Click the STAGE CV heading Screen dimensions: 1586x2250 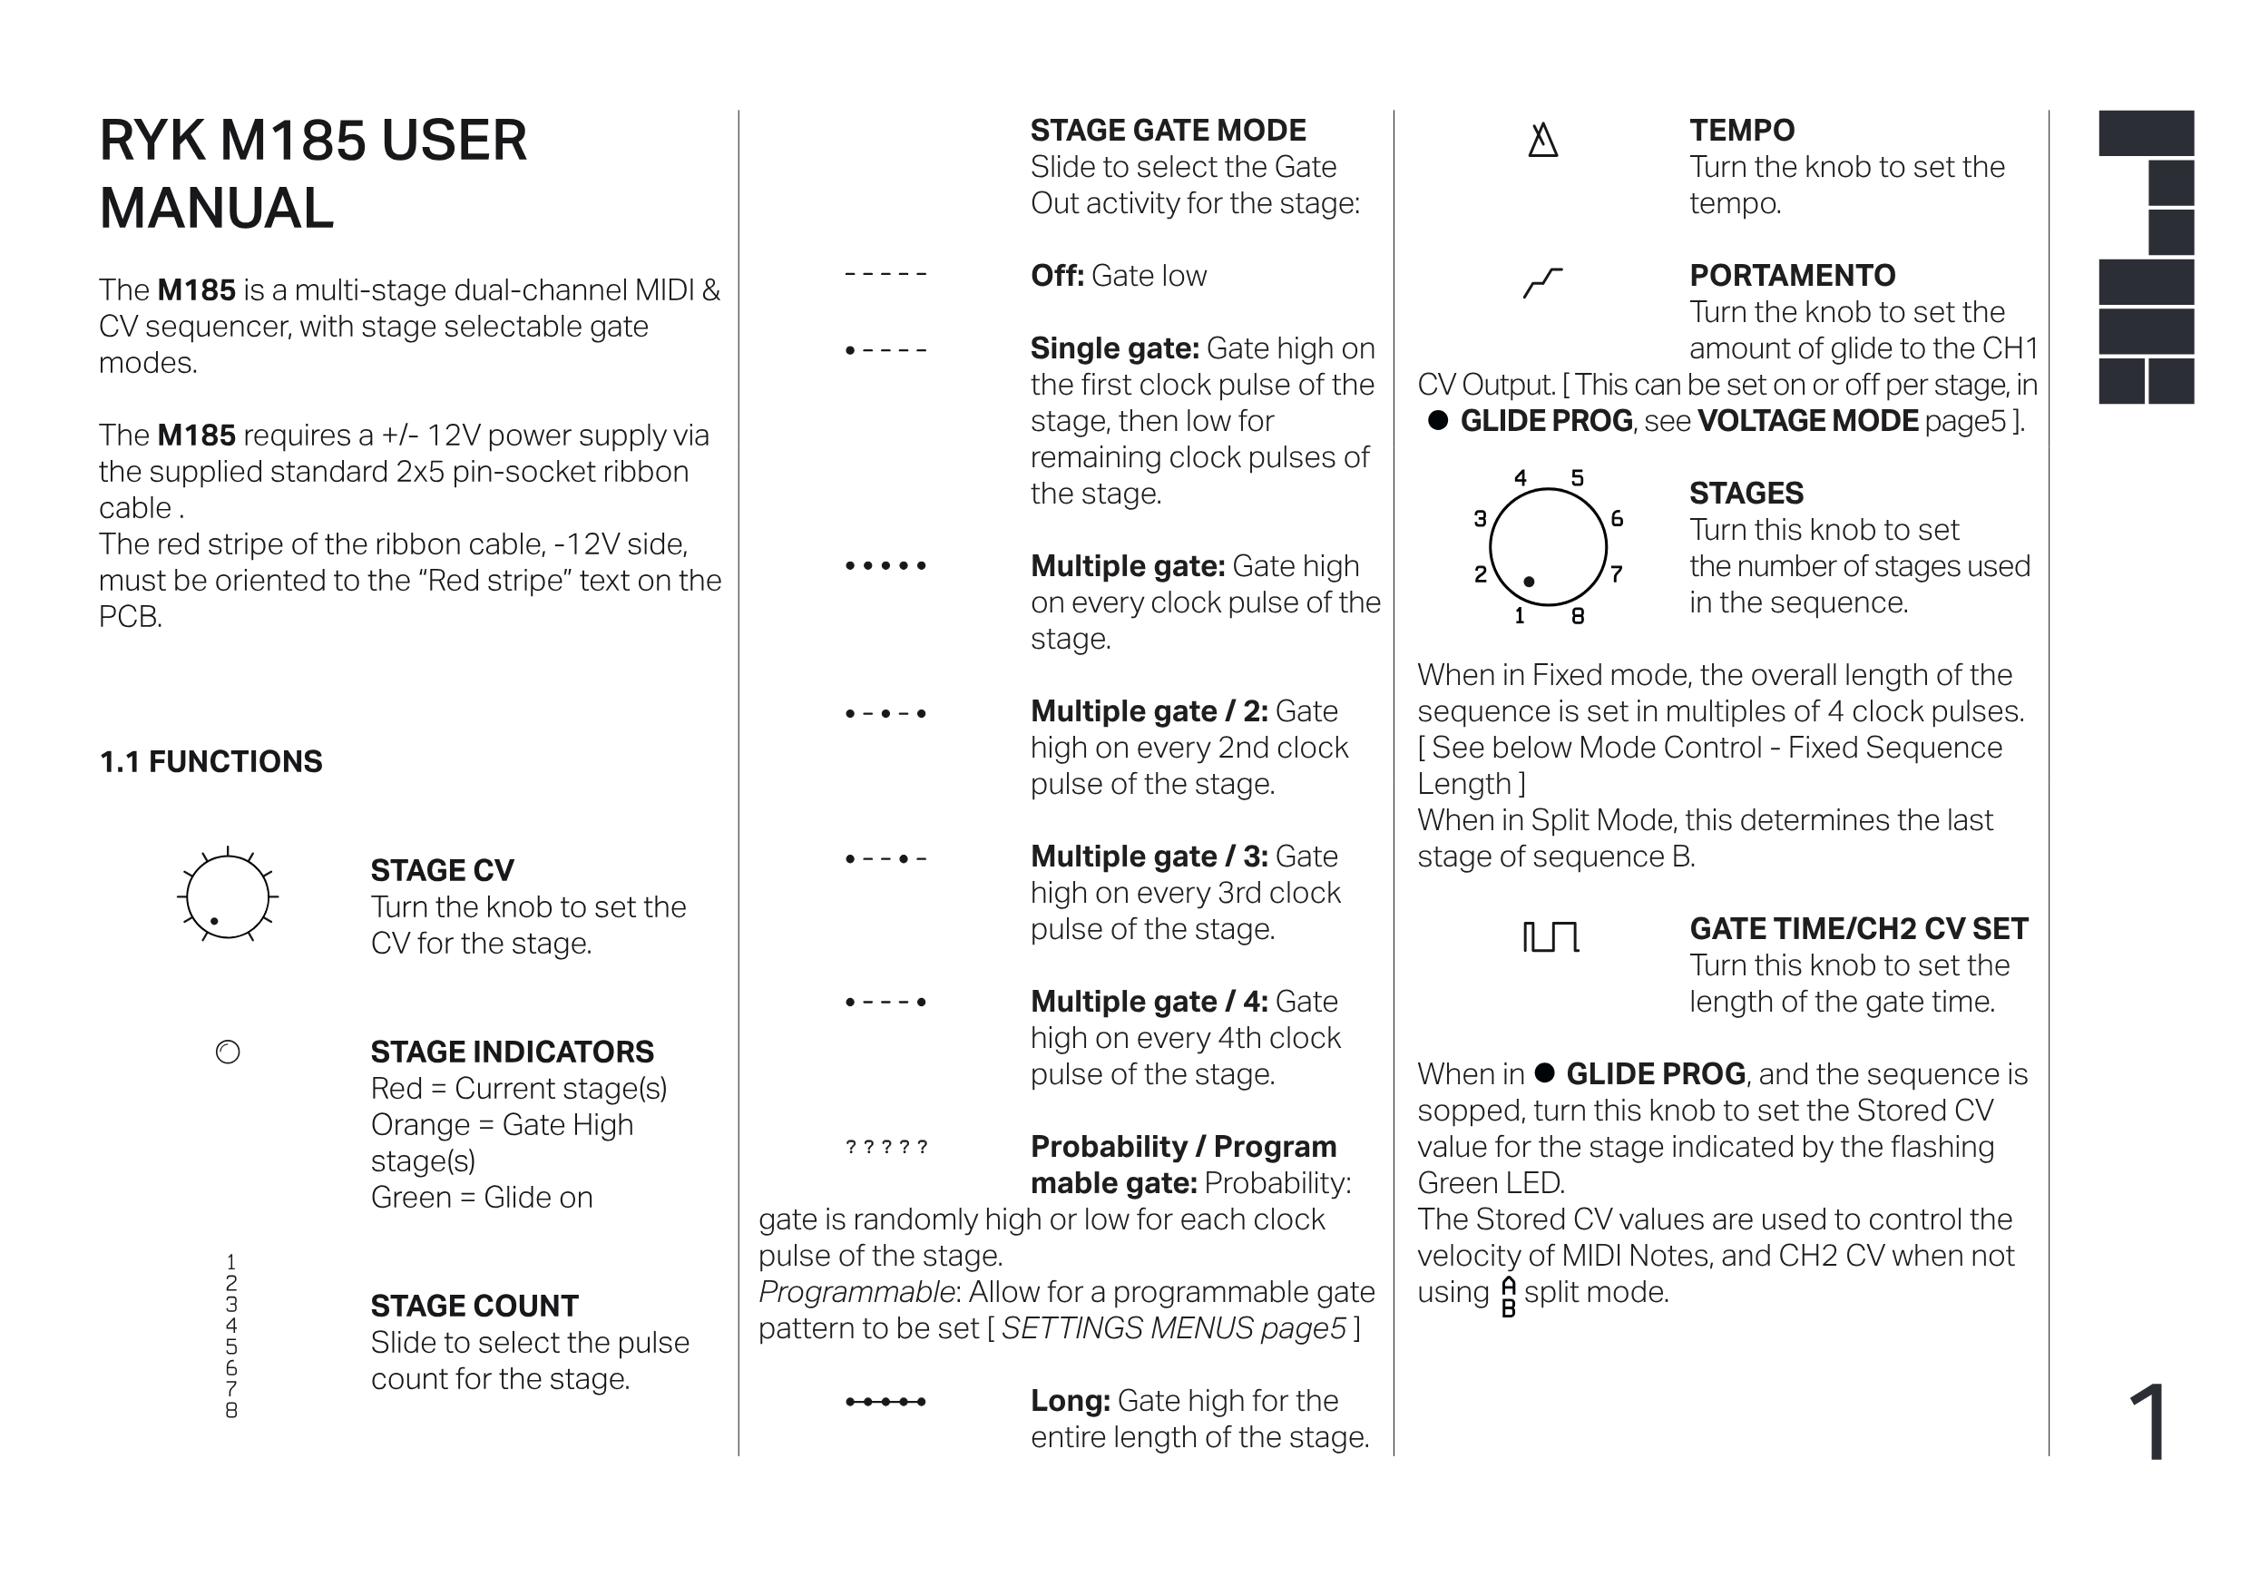pyautogui.click(x=442, y=870)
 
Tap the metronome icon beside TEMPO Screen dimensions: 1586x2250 pyautogui.click(x=1542, y=140)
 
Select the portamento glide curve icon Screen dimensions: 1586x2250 pyautogui.click(x=1542, y=282)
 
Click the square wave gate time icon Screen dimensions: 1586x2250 pyautogui.click(x=1551, y=937)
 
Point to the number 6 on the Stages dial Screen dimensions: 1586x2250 pyautogui.click(x=1617, y=519)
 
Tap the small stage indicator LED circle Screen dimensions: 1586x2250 pyautogui.click(x=228, y=1052)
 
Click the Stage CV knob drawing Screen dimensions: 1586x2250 pyautogui.click(x=228, y=896)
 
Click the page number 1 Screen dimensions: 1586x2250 pyautogui.click(x=2148, y=1424)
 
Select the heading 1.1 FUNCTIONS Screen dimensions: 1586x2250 pyautogui.click(x=210, y=761)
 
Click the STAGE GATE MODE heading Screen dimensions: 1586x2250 pyautogui.click(x=1169, y=131)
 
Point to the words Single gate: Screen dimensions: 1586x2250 pyautogui.click(x=1114, y=349)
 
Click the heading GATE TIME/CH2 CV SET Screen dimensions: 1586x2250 pyautogui.click(x=1858, y=928)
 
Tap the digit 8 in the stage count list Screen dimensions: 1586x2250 pyautogui.click(x=231, y=1411)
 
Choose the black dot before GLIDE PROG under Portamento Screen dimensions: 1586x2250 pyautogui.click(x=1438, y=420)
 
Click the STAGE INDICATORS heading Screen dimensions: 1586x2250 pyautogui.click(x=512, y=1052)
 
